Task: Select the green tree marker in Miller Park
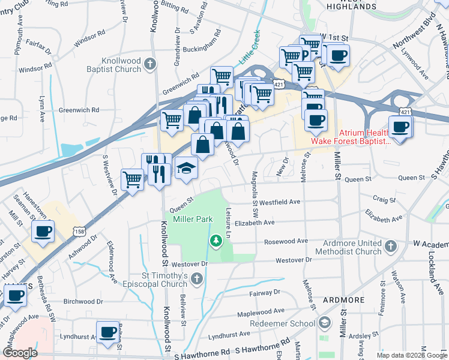click(x=215, y=241)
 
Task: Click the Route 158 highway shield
click(x=79, y=230)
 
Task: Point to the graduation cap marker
click(x=187, y=169)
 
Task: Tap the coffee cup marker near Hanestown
click(x=43, y=231)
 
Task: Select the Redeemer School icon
click(x=324, y=323)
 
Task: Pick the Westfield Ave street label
click(x=279, y=202)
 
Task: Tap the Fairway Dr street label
click(x=264, y=292)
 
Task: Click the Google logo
click(x=20, y=353)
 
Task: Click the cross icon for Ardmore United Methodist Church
click(x=390, y=246)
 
